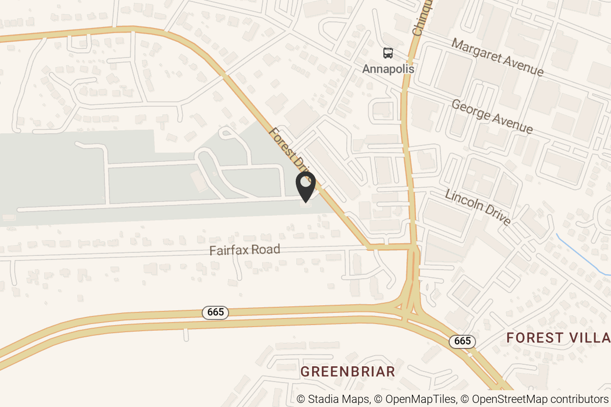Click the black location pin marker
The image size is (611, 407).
[x=305, y=186]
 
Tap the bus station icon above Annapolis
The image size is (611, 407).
[x=388, y=53]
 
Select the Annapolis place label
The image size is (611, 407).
[x=388, y=69]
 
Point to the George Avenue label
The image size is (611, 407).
[x=492, y=116]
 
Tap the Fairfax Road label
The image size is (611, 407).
[x=245, y=250]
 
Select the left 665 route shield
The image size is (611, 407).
[x=215, y=312]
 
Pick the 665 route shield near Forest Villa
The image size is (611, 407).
[x=462, y=341]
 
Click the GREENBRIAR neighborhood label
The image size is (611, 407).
[x=348, y=371]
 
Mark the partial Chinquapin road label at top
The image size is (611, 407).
[x=423, y=18]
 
